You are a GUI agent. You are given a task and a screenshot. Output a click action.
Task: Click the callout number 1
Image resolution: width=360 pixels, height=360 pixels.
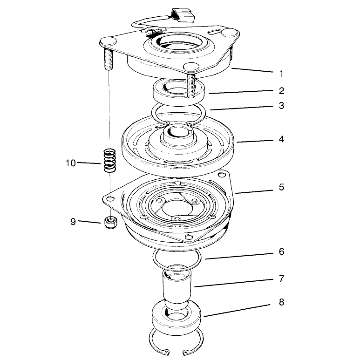(x=281, y=74)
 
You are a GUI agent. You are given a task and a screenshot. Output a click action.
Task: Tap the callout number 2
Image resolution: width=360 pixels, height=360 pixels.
(x=281, y=91)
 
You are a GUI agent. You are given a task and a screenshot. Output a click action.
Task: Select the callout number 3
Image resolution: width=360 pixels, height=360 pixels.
(x=281, y=106)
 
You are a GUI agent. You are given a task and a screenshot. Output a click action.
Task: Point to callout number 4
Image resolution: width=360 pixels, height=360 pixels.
(x=281, y=139)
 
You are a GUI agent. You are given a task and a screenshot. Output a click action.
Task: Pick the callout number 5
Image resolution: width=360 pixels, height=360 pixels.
(x=281, y=187)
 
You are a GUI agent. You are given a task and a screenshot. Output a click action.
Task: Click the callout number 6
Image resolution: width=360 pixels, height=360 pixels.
(x=281, y=251)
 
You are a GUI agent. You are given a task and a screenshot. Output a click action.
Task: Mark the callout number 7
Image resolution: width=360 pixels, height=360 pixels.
(x=281, y=278)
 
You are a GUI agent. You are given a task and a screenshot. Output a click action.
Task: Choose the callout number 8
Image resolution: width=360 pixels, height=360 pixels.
(x=281, y=302)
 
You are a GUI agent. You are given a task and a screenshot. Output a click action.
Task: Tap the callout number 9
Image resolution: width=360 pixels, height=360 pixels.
(x=73, y=222)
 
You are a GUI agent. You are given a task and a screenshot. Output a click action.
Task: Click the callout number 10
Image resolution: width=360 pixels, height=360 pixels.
(x=71, y=163)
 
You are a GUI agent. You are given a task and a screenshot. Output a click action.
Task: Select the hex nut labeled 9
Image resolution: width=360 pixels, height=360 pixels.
(x=111, y=222)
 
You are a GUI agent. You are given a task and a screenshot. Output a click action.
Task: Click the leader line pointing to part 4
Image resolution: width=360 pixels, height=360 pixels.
(x=255, y=141)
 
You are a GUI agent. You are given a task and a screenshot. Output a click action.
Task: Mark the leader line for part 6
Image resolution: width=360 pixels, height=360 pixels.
(x=239, y=256)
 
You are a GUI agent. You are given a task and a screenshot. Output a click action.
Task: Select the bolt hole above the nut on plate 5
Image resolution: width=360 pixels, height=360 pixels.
(x=111, y=198)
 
